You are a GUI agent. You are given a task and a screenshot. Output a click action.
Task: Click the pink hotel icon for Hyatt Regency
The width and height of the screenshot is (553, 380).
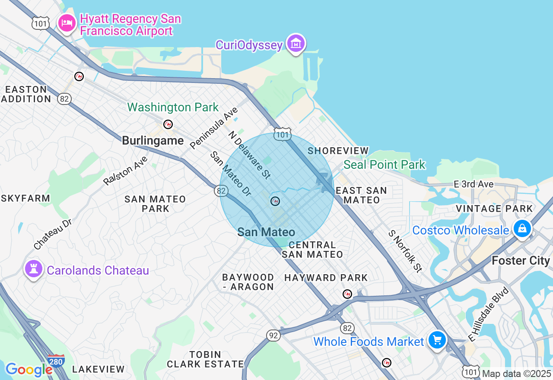point(67,22)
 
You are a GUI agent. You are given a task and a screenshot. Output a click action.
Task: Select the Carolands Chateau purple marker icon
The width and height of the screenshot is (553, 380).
point(33,269)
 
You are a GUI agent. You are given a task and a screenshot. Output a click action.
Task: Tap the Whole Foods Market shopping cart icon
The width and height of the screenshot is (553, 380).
point(437,340)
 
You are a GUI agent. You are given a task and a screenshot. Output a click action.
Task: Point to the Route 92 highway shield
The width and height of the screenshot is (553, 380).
point(274,335)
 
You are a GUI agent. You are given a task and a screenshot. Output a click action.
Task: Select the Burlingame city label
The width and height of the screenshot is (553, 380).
point(153,140)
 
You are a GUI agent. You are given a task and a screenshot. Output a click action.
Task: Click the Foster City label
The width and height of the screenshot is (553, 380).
point(521,260)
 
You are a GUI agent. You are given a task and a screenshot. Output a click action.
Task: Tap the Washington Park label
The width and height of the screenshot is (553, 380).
point(173,107)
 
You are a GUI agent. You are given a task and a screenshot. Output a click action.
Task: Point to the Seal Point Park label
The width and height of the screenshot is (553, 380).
point(385,165)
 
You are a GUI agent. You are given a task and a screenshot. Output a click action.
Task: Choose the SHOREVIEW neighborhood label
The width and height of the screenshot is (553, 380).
point(338,151)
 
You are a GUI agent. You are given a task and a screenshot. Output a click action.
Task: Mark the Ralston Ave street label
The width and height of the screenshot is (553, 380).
point(126,171)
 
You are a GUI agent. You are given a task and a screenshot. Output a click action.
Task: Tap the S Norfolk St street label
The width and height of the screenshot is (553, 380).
point(405,251)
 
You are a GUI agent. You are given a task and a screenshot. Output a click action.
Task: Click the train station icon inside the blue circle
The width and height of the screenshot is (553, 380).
point(275,201)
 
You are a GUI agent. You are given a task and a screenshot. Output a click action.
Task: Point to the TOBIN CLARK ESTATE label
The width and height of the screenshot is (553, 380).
point(205,359)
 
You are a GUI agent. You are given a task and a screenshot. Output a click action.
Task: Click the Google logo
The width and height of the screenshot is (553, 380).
point(29,369)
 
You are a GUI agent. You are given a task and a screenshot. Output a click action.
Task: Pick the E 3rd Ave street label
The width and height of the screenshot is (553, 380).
point(474,184)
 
